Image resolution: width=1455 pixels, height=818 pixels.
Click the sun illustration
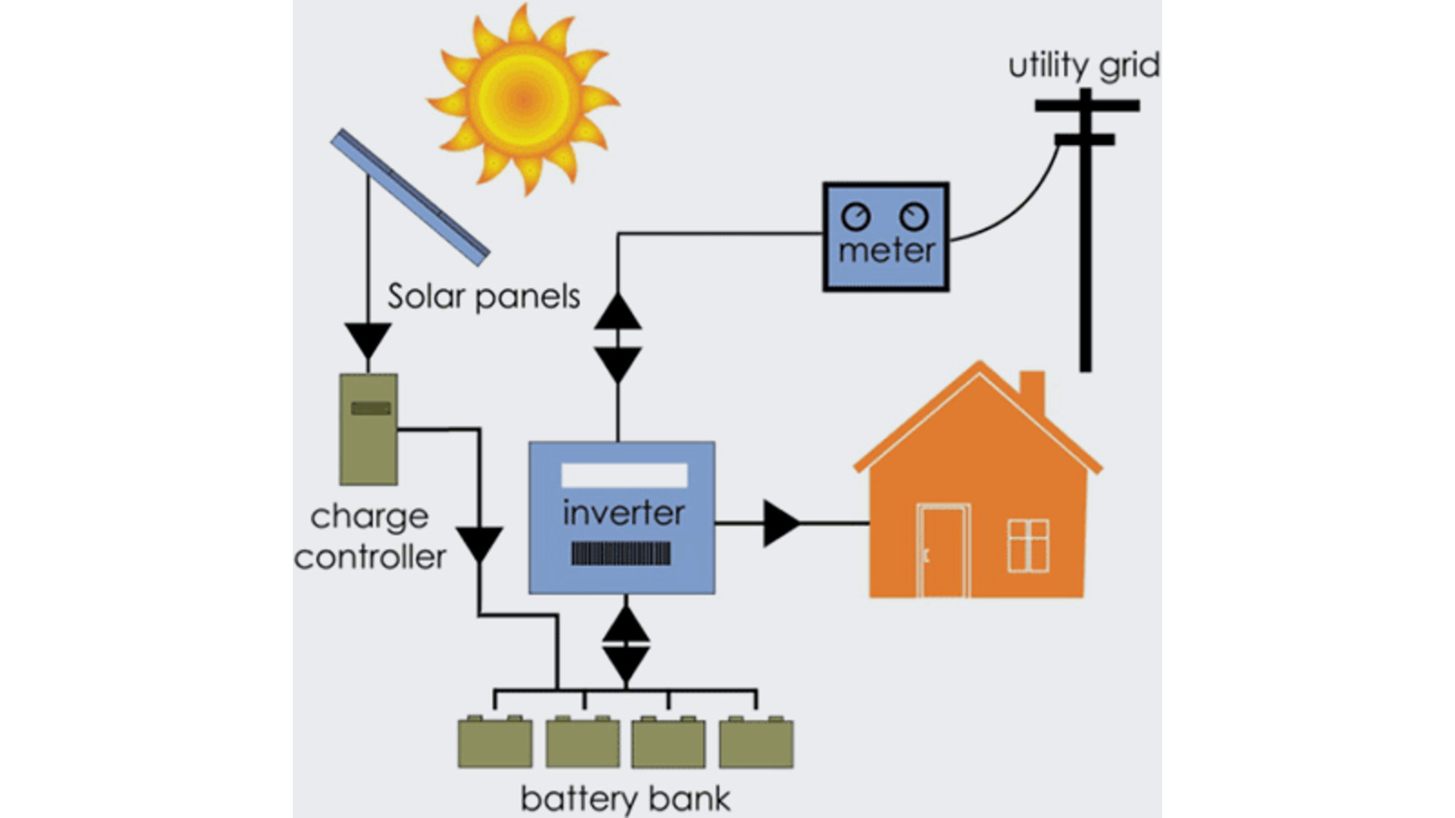[x=524, y=97]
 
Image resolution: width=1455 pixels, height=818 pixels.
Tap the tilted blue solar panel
[x=409, y=197]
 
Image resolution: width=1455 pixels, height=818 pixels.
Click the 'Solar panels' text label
[x=483, y=296]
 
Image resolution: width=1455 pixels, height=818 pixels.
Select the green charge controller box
[x=368, y=429]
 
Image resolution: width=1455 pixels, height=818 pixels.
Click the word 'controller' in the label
[x=370, y=556]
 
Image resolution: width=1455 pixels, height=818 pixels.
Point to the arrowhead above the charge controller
[x=368, y=341]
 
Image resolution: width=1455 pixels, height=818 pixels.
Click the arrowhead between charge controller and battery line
[x=479, y=544]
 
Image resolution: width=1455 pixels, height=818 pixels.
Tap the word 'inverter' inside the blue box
[x=623, y=513]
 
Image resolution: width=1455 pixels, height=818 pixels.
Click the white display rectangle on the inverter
[x=624, y=475]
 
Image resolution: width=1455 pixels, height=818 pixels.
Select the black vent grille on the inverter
[x=621, y=554]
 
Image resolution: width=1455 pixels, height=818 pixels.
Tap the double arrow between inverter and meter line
[x=618, y=338]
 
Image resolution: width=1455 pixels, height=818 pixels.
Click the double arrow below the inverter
[x=626, y=643]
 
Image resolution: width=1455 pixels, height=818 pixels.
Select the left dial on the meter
[x=856, y=216]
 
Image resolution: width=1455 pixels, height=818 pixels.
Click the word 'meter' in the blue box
[x=887, y=251]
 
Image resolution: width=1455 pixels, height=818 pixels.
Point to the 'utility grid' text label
[x=1083, y=65]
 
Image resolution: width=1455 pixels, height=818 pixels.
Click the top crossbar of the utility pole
[x=1087, y=105]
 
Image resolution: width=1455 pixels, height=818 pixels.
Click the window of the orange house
[x=1029, y=545]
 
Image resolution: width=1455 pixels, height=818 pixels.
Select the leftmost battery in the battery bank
[x=495, y=743]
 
